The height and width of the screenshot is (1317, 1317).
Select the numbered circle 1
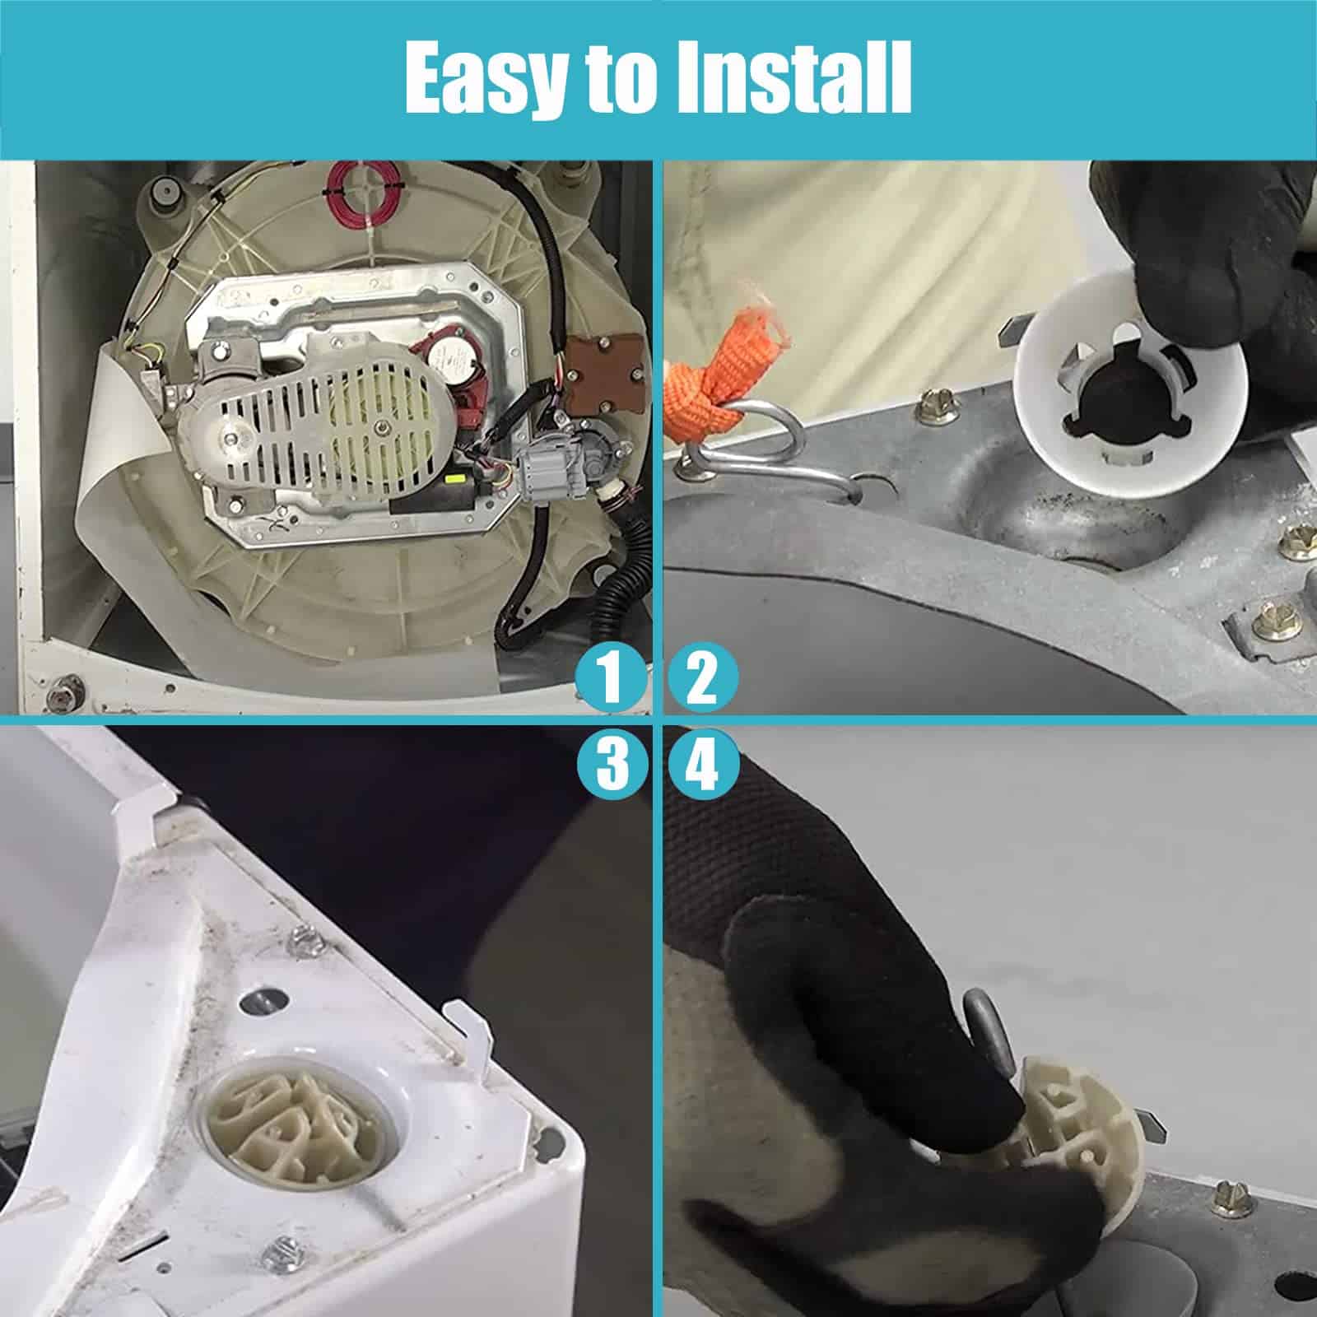click(610, 677)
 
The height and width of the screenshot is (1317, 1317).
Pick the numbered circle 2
click(702, 677)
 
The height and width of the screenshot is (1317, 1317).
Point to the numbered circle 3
click(610, 765)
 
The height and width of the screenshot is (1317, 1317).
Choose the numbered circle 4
click(702, 765)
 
